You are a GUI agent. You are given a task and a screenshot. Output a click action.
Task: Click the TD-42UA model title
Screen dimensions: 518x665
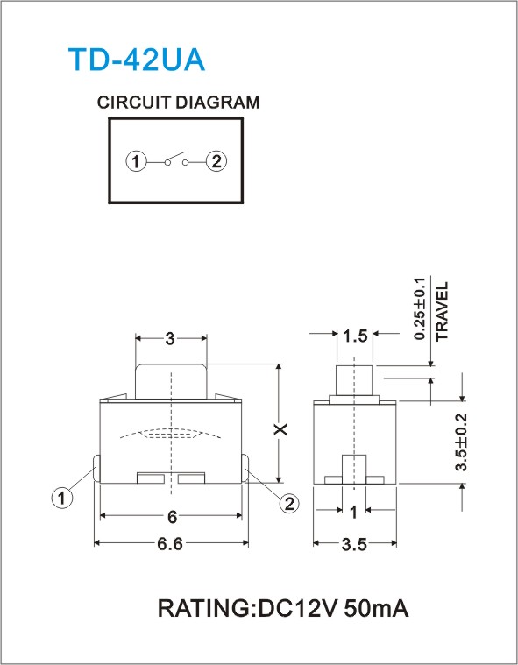click(x=137, y=60)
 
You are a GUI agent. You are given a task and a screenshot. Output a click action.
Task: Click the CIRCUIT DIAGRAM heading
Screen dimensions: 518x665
click(x=178, y=103)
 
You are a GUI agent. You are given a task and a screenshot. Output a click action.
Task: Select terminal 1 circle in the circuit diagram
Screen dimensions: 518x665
click(x=136, y=161)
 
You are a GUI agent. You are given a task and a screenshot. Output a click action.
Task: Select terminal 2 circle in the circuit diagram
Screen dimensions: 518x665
click(x=216, y=161)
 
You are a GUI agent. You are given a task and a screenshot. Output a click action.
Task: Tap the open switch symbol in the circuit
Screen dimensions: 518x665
click(x=176, y=159)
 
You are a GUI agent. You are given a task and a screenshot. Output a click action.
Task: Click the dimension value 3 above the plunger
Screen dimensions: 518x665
click(x=170, y=338)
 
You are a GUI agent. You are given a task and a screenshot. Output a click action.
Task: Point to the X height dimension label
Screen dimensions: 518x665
click(x=280, y=429)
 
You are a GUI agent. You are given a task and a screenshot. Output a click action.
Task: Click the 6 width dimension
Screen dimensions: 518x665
click(x=172, y=517)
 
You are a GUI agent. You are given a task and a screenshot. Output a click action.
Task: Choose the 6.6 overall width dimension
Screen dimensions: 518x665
click(x=170, y=544)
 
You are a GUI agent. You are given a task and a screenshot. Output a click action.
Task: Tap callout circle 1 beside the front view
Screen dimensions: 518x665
click(x=62, y=498)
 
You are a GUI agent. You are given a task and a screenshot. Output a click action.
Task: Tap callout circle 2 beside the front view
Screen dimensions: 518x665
click(x=289, y=504)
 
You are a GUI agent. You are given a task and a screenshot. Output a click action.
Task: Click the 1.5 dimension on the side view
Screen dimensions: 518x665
click(x=355, y=336)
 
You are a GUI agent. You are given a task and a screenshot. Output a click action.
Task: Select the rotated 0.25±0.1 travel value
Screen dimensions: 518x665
click(x=419, y=308)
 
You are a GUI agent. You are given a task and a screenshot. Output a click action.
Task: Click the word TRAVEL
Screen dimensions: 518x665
click(x=442, y=311)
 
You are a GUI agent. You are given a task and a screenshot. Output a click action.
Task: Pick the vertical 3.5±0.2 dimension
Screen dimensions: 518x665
click(x=461, y=442)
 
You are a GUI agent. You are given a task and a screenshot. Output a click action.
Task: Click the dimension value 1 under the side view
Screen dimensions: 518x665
click(x=353, y=513)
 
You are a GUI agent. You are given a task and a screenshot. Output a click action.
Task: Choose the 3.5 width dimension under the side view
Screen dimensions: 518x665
click(x=354, y=545)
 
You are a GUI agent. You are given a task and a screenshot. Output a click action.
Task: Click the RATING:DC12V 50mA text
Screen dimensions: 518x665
click(x=283, y=609)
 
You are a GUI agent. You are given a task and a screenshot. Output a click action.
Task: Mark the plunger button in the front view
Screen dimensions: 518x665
click(x=171, y=381)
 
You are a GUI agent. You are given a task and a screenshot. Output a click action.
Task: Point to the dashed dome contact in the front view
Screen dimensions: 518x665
click(x=171, y=434)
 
